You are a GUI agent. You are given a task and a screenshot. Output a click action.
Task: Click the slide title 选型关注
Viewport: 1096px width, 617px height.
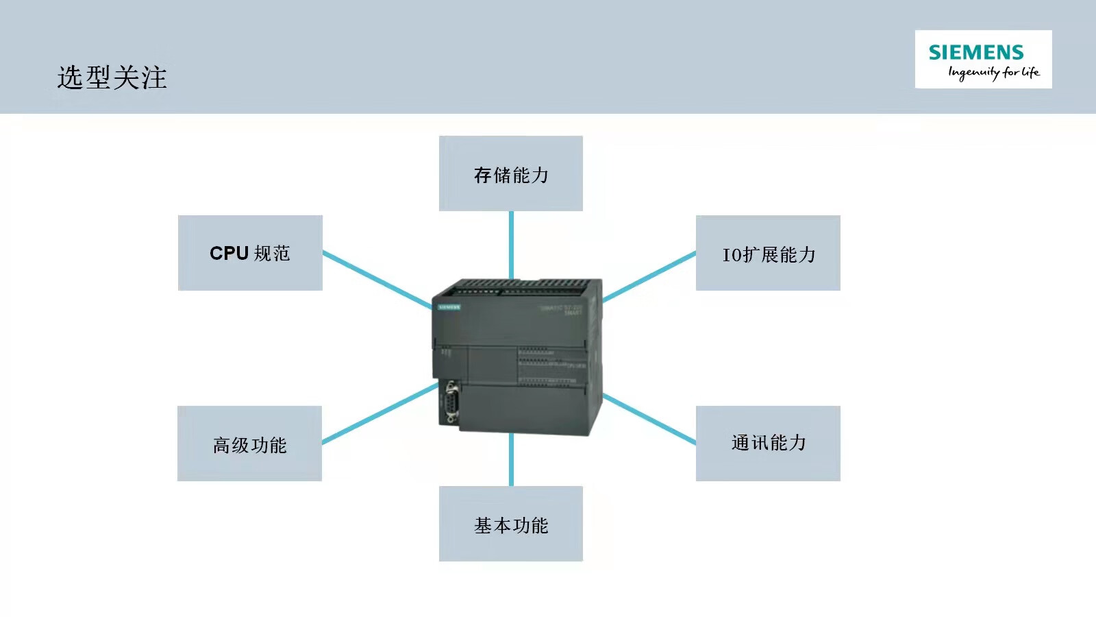[112, 77]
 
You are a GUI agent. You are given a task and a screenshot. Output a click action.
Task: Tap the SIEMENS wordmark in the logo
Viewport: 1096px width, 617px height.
[975, 52]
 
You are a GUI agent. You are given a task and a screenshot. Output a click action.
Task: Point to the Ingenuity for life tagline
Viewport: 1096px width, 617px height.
[993, 73]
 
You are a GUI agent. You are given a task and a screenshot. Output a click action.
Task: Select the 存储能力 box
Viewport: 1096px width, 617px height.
[511, 173]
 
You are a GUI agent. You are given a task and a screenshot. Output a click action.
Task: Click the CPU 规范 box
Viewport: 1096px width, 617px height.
[250, 253]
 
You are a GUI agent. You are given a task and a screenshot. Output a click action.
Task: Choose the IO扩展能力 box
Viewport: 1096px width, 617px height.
[768, 253]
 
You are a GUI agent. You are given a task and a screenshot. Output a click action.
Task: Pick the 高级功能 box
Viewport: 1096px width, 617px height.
[249, 444]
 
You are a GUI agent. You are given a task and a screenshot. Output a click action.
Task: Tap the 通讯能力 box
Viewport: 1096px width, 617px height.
[768, 444]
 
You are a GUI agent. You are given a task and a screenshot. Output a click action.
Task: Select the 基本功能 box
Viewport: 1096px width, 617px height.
[511, 524]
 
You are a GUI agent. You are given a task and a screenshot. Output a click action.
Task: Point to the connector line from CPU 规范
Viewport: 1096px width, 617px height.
[377, 280]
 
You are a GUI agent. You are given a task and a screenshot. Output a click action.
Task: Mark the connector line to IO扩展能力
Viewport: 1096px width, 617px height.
[649, 276]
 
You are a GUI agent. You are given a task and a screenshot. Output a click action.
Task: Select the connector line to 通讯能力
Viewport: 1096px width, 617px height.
[649, 419]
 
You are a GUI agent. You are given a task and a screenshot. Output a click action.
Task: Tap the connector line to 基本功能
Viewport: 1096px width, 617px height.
[511, 459]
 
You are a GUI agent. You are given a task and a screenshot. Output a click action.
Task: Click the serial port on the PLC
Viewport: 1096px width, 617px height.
[451, 404]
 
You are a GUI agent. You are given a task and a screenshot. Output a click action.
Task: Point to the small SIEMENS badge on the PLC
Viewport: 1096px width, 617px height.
[449, 307]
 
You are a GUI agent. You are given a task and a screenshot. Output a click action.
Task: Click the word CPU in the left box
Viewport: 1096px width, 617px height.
[229, 253]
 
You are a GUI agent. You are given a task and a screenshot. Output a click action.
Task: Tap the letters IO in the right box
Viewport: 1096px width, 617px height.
[732, 255]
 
